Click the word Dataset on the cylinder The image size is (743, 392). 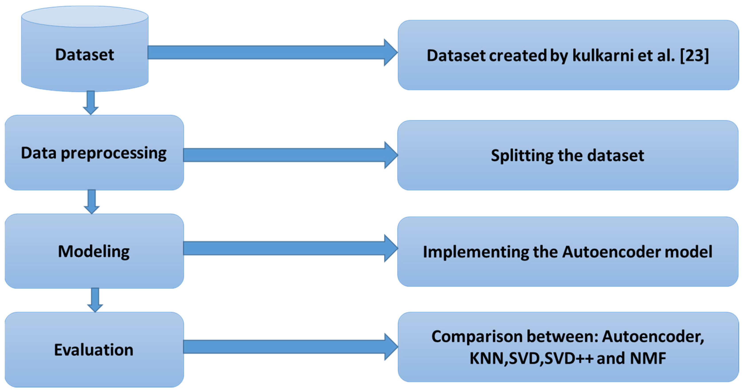(85, 55)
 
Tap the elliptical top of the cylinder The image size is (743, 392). (85, 17)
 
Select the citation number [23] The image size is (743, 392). (694, 55)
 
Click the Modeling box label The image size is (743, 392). (94, 251)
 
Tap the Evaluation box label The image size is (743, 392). (94, 350)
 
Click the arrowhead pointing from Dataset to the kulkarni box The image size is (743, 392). (391, 53)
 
